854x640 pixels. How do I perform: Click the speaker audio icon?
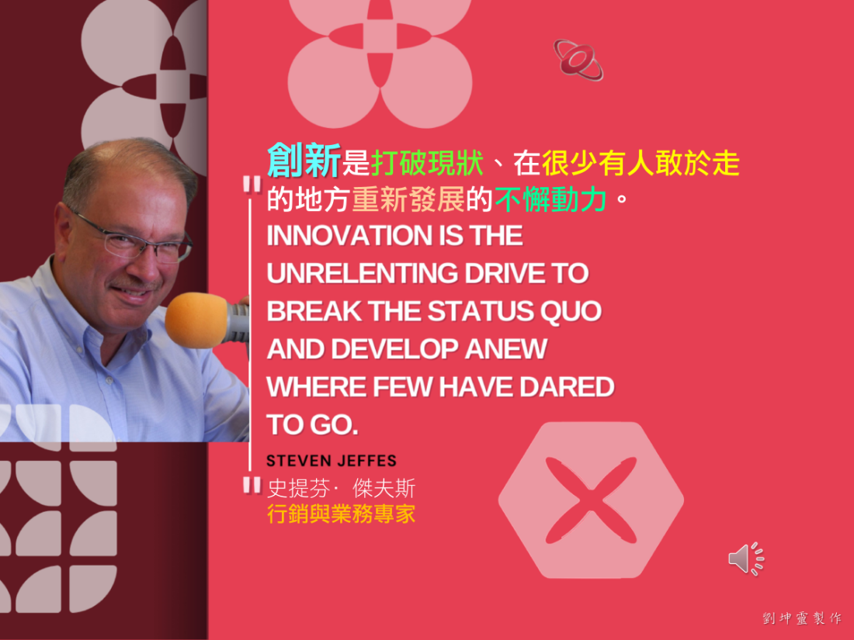[746, 559]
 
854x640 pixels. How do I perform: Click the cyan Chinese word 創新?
[304, 161]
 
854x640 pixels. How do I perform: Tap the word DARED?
[567, 387]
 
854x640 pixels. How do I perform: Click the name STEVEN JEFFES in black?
[332, 461]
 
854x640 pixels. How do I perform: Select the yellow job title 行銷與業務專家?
[342, 514]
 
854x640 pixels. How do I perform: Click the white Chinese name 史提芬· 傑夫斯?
[342, 488]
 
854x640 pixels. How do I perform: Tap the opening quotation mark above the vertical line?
[252, 185]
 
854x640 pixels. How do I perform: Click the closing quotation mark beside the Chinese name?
[252, 485]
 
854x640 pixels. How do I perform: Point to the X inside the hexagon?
[591, 500]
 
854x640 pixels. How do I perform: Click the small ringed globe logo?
[578, 60]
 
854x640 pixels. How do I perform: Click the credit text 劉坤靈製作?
[802, 618]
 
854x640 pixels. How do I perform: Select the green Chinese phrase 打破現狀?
[428, 163]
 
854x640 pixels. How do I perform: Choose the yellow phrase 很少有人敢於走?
[641, 163]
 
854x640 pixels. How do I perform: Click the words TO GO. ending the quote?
[313, 425]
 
